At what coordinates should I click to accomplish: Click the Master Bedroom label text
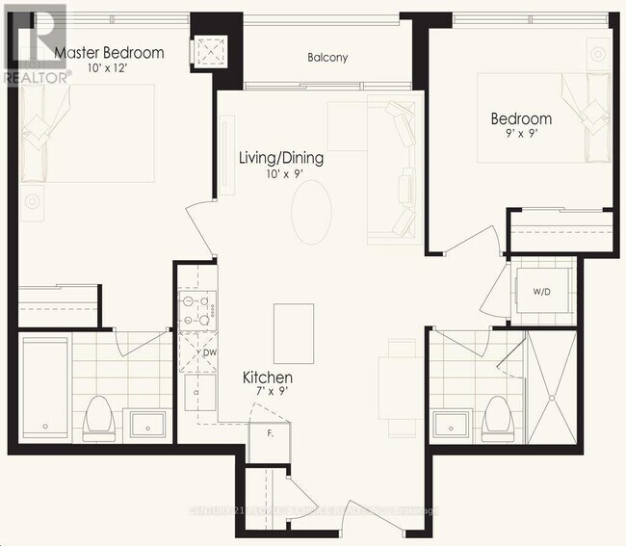(109, 53)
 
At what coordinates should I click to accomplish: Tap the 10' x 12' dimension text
(108, 69)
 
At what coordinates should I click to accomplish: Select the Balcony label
(327, 58)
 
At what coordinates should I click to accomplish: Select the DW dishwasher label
(208, 353)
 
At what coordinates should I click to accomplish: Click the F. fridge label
(271, 433)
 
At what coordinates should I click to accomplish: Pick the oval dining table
(311, 212)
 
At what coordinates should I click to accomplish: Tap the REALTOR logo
(35, 43)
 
